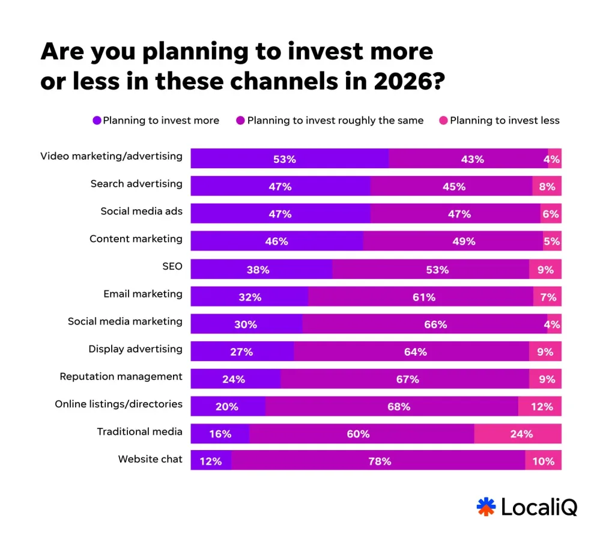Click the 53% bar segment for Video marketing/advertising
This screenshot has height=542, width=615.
coord(289,159)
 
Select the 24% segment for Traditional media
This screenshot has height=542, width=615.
coord(518,434)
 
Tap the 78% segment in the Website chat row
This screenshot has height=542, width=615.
coord(378,461)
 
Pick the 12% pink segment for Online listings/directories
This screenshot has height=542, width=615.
coord(540,406)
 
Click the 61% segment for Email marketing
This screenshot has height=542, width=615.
coord(420,297)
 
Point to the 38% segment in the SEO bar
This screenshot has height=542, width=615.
coord(261,269)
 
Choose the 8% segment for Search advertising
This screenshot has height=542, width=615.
coord(547,186)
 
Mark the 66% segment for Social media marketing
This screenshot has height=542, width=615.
coord(425,324)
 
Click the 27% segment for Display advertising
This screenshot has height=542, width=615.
coord(242,352)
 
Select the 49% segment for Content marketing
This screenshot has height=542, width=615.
coord(453,241)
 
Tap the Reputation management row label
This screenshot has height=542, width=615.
coord(121,376)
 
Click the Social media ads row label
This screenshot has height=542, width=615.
coord(141,211)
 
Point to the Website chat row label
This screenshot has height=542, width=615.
coord(150,459)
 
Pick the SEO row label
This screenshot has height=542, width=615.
coord(172,266)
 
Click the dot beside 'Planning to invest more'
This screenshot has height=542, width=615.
coord(97,120)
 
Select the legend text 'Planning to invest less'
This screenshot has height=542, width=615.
coord(504,120)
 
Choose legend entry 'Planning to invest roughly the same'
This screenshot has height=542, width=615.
coord(335,120)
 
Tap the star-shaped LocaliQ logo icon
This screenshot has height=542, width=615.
coord(486,507)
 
